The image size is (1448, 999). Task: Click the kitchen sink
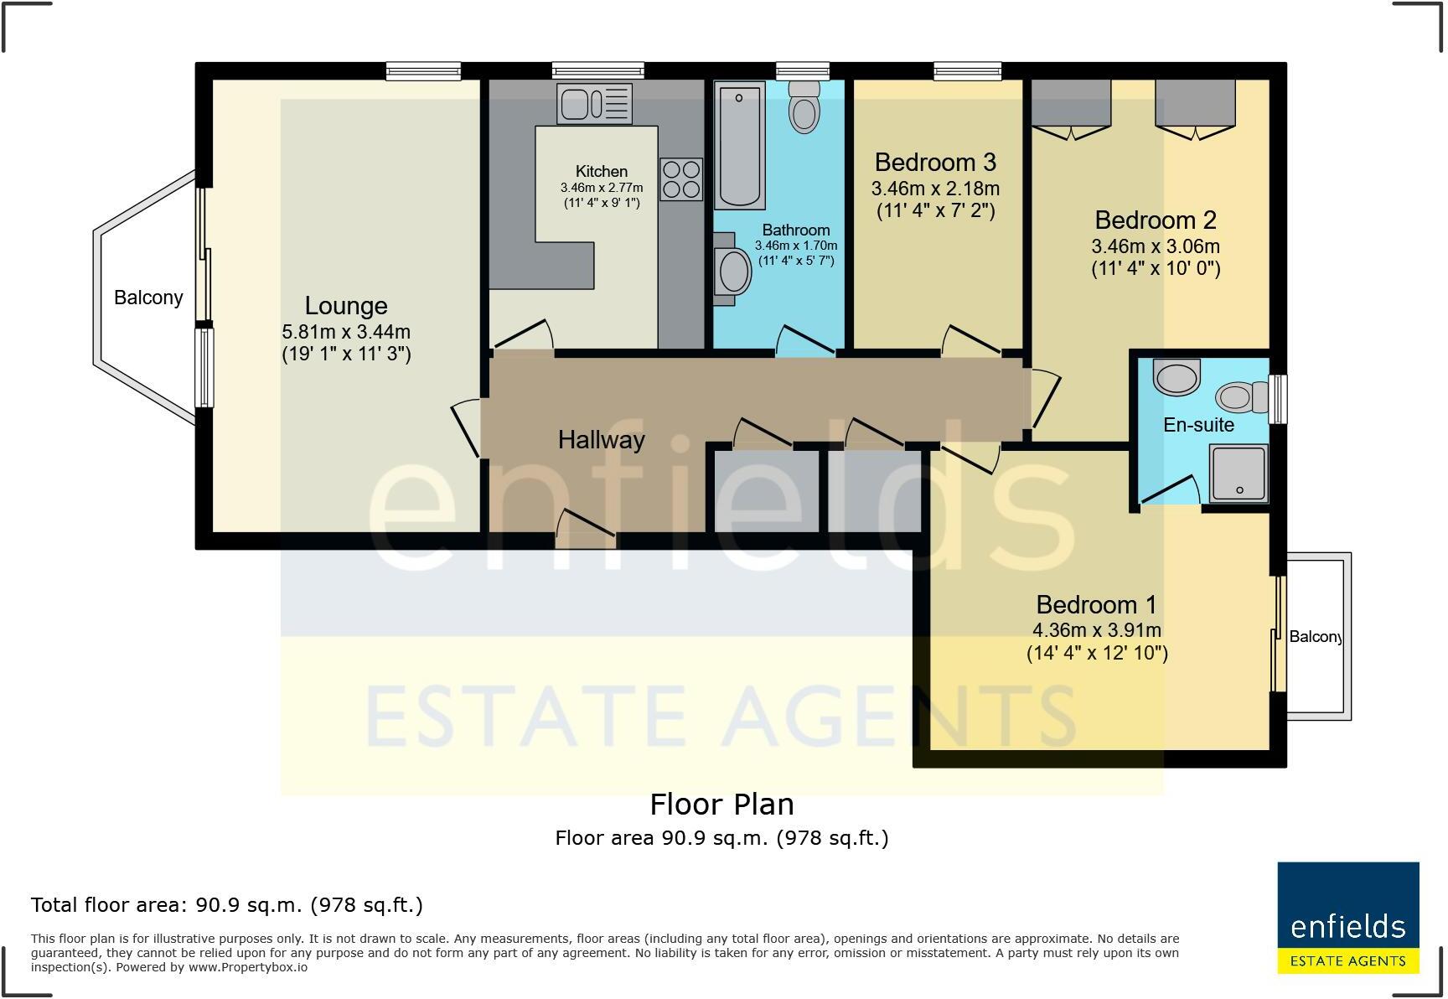click(x=594, y=104)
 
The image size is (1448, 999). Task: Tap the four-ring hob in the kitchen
click(x=680, y=179)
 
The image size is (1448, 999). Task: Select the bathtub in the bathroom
click(x=739, y=145)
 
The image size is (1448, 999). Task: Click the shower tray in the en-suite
click(x=1238, y=474)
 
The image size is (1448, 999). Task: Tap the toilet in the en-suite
click(x=1244, y=396)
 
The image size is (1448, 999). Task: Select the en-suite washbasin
click(x=1176, y=377)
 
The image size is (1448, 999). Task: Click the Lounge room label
click(x=345, y=306)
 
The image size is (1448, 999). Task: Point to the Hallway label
click(x=601, y=440)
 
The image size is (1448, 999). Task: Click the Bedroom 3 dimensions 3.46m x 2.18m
click(x=935, y=189)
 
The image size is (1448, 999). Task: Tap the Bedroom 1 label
click(x=1096, y=604)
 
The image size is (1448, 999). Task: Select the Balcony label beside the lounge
click(x=148, y=298)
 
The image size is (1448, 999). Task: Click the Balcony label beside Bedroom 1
click(x=1315, y=637)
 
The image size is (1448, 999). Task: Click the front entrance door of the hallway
click(x=586, y=529)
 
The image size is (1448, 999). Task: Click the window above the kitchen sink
click(x=597, y=71)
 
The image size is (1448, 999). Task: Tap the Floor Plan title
click(x=721, y=805)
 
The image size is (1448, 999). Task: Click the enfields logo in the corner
click(x=1347, y=918)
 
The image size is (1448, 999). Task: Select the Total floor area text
click(x=226, y=905)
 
